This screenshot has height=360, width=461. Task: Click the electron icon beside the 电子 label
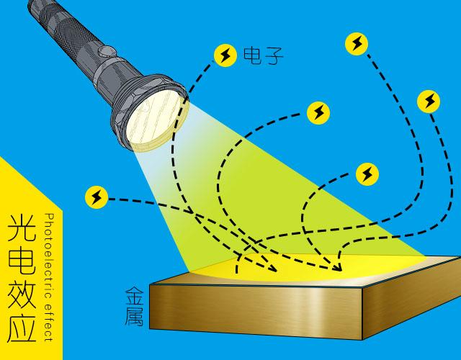pyautogui.click(x=225, y=55)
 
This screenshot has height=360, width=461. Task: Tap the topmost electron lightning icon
pyautogui.click(x=357, y=44)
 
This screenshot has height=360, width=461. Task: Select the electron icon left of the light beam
pyautogui.click(x=97, y=197)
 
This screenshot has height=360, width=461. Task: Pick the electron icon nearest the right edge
pyautogui.click(x=429, y=102)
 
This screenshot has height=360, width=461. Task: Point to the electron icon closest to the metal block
pyautogui.click(x=367, y=174)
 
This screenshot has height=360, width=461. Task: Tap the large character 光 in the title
pyautogui.click(x=22, y=228)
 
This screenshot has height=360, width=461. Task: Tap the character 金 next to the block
pyautogui.click(x=135, y=296)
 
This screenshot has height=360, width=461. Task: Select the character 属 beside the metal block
pyautogui.click(x=135, y=317)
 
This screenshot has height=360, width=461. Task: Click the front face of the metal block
pyautogui.click(x=256, y=312)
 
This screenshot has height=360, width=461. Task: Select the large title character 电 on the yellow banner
pyautogui.click(x=22, y=261)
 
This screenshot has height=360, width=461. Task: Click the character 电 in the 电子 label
pyautogui.click(x=253, y=56)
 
